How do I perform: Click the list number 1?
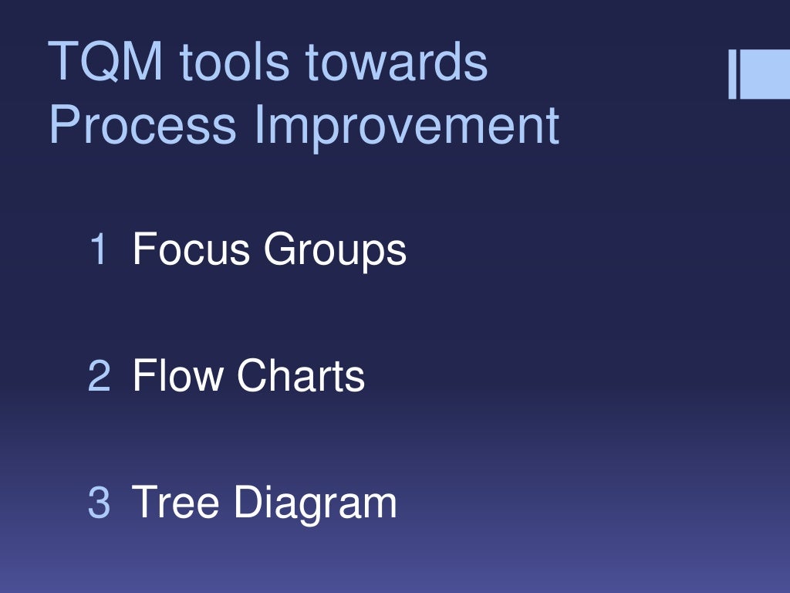pyautogui.click(x=98, y=249)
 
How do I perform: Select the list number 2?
pyautogui.click(x=99, y=376)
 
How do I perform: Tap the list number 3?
pyautogui.click(x=99, y=502)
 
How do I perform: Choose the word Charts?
pyautogui.click(x=301, y=376)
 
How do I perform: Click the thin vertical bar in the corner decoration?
pyautogui.click(x=732, y=75)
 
